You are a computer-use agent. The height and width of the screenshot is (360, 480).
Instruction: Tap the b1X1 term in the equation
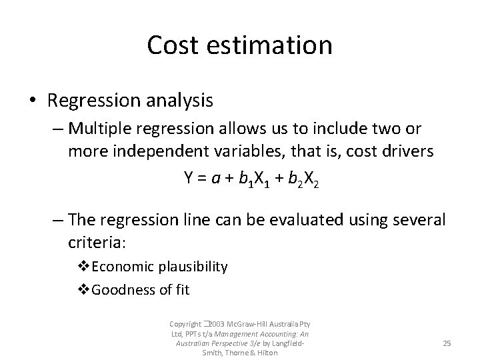click(253, 177)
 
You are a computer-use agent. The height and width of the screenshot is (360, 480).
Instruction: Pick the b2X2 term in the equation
click(303, 177)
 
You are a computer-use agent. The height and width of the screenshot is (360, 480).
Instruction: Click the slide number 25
click(447, 343)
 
